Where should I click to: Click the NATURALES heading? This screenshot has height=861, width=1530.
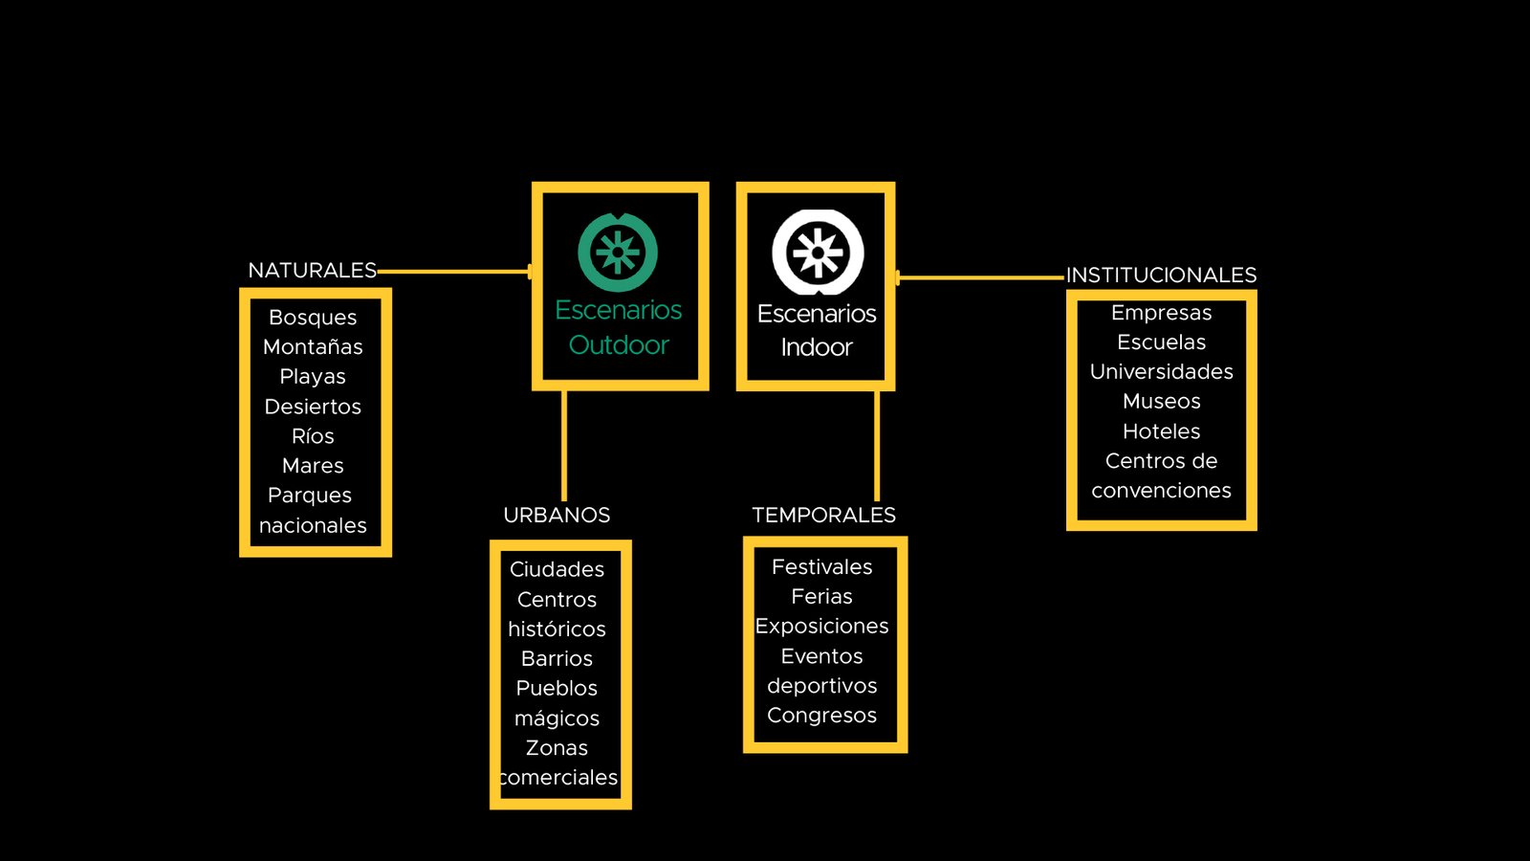tap(312, 271)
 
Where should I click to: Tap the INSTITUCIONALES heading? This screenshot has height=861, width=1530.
tap(1161, 276)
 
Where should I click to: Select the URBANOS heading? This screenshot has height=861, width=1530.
tap(557, 516)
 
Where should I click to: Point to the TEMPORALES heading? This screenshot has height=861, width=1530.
tap(823, 516)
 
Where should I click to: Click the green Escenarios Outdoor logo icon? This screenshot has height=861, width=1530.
tap(618, 253)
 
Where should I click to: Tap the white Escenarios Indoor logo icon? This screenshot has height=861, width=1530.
tap(818, 253)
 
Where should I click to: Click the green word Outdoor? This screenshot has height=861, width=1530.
tap(619, 345)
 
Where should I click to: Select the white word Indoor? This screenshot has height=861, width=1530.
tap(817, 348)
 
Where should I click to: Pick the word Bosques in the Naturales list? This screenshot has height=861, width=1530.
tap(313, 318)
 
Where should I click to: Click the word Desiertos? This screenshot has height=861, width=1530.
tap(313, 407)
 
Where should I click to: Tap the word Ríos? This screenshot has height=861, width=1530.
tap(313, 436)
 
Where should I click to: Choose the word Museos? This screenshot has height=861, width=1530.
tap(1161, 401)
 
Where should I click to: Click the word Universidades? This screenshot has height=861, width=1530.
tap(1161, 372)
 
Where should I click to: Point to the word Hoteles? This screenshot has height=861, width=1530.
tap(1161, 431)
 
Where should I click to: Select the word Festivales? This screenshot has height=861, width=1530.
tap(822, 567)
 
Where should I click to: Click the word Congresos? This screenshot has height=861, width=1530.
tap(822, 716)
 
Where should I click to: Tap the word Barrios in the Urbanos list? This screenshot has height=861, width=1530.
tap(557, 659)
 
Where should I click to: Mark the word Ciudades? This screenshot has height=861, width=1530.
tap(557, 569)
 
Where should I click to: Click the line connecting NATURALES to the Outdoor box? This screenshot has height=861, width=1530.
tap(455, 272)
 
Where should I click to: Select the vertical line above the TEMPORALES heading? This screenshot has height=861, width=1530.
tap(877, 446)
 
